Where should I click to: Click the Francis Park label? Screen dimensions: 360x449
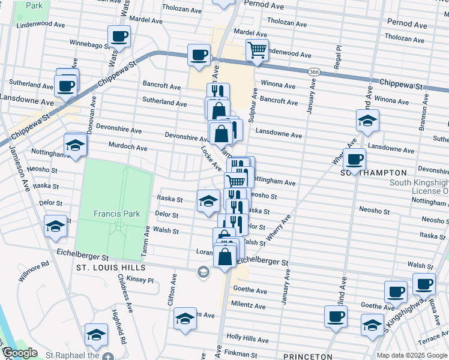point(116,213)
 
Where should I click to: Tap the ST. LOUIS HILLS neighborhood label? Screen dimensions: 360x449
point(111,267)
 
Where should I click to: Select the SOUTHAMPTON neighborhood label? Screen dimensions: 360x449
point(370,172)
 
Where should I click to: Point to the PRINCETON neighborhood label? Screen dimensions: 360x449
point(307,356)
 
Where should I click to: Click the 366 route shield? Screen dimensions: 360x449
point(314,71)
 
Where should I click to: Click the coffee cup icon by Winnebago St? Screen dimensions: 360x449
point(119,36)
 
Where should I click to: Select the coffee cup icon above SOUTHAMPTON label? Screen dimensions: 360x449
point(355,160)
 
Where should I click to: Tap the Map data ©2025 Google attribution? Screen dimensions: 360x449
point(412,355)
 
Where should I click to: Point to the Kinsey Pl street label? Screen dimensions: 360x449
point(142,280)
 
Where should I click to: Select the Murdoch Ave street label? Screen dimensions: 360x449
point(127,146)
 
